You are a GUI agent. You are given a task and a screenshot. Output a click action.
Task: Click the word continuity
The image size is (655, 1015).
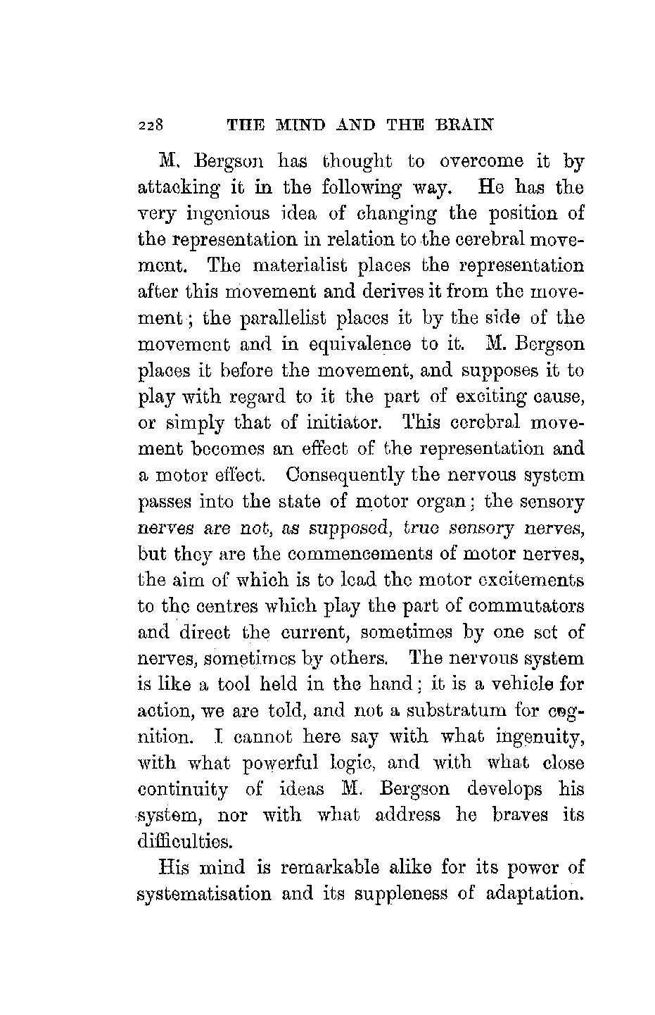point(182,789)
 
